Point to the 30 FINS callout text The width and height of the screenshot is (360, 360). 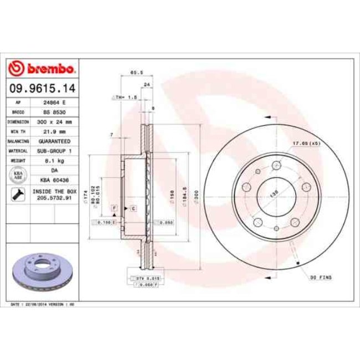click(321, 276)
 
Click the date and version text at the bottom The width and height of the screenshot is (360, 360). click(43, 305)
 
